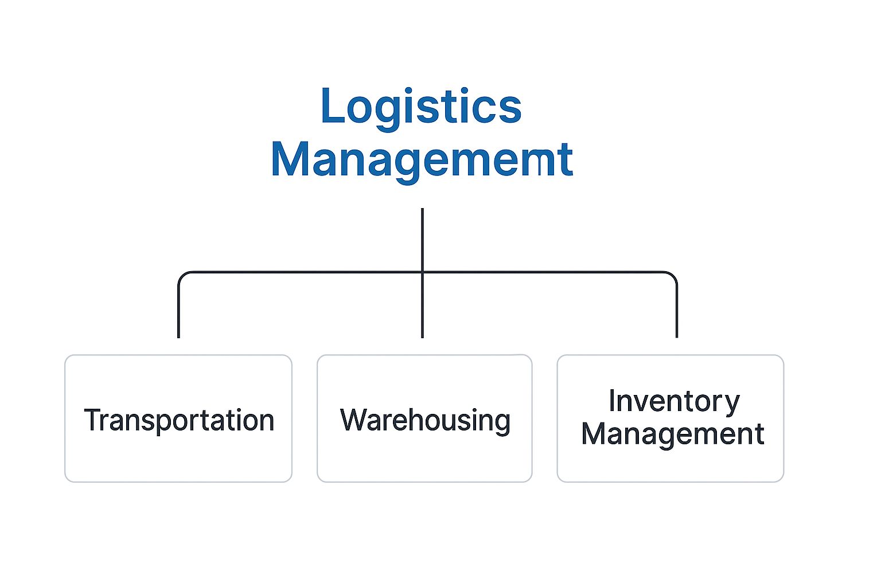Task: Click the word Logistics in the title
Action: [x=421, y=107]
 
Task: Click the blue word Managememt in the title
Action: [x=422, y=159]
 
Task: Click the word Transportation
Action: [x=179, y=420]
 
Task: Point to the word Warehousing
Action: [x=425, y=420]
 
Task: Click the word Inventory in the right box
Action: [x=674, y=401]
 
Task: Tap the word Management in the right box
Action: [x=672, y=434]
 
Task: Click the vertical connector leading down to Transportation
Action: [x=178, y=310]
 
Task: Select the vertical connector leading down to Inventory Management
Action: [x=677, y=310]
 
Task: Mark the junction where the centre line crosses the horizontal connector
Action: [x=422, y=272]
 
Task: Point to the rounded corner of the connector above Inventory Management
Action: [x=673, y=275]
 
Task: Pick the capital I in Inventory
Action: [x=612, y=401]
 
